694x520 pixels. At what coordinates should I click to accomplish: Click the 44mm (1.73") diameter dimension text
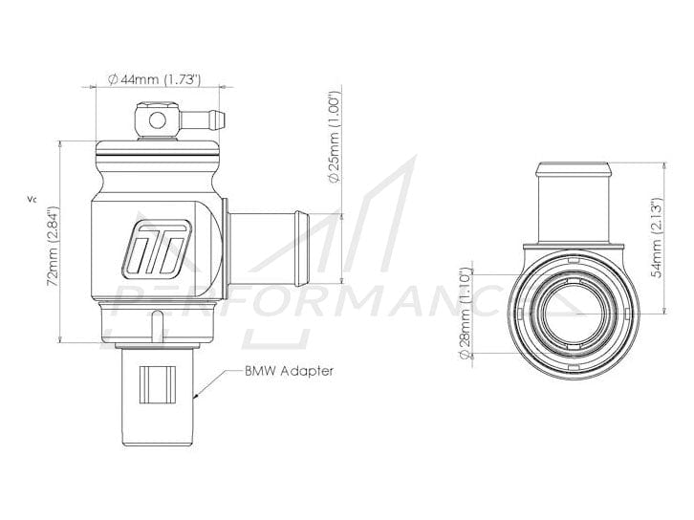pyautogui.click(x=155, y=79)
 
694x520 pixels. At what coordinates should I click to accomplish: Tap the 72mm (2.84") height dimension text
pyautogui.click(x=54, y=246)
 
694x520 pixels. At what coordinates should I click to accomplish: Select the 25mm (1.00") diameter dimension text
pyautogui.click(x=334, y=137)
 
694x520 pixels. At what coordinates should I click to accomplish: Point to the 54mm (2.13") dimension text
pyautogui.click(x=658, y=238)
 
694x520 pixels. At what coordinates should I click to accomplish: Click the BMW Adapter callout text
pyautogui.click(x=289, y=371)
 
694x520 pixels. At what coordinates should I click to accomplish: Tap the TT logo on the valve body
pyautogui.click(x=157, y=249)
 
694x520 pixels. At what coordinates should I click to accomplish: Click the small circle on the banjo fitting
pyautogui.click(x=157, y=120)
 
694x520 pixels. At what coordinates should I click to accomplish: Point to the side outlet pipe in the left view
pyautogui.click(x=267, y=249)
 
